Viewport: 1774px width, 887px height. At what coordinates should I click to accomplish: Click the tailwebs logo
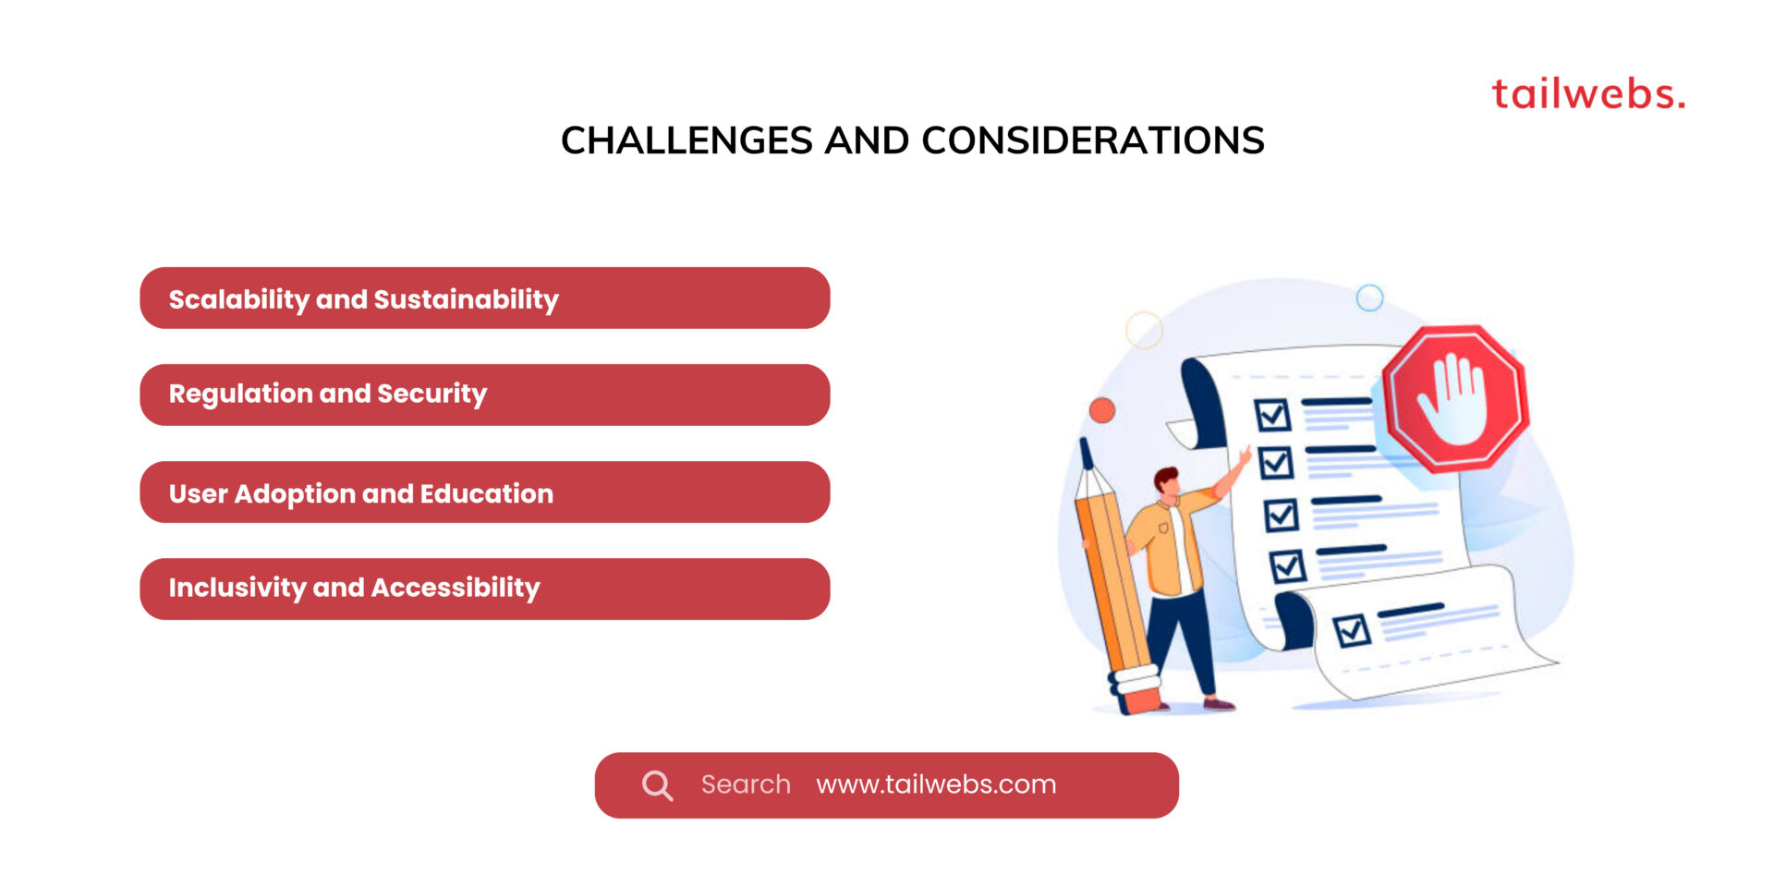(x=1587, y=94)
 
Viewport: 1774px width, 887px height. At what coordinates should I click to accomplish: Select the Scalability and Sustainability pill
(x=484, y=298)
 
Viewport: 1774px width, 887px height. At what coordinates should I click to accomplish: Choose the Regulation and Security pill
(x=484, y=395)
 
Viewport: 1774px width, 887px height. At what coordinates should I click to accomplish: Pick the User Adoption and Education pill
(x=484, y=492)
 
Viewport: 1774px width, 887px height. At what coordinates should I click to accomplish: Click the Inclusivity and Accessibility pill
(x=484, y=589)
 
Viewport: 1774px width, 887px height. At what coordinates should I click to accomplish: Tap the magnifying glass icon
(x=657, y=785)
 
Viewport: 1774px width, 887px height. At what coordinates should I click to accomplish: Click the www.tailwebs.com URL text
(x=936, y=784)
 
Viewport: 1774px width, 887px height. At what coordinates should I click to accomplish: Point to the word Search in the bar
(x=746, y=784)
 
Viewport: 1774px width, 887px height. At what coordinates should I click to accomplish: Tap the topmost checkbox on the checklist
(x=1272, y=415)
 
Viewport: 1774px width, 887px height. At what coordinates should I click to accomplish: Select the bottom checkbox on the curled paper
(x=1352, y=631)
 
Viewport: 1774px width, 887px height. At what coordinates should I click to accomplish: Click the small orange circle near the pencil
(x=1101, y=410)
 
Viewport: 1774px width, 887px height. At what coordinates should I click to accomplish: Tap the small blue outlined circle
(x=1369, y=298)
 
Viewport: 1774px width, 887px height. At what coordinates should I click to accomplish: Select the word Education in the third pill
(x=486, y=493)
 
